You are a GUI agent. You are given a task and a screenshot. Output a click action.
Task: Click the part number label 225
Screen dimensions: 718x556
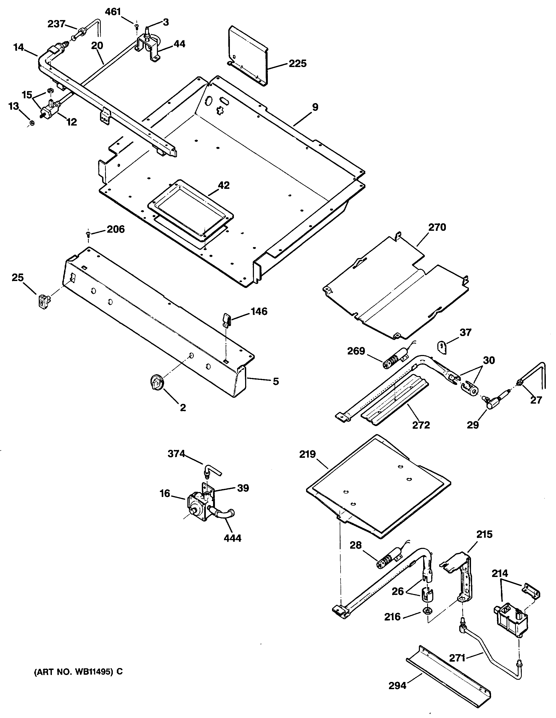pyautogui.click(x=298, y=64)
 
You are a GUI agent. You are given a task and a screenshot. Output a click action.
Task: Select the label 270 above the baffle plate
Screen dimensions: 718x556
pyautogui.click(x=437, y=227)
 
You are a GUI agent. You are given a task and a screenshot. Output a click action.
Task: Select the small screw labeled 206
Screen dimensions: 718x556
pyautogui.click(x=88, y=234)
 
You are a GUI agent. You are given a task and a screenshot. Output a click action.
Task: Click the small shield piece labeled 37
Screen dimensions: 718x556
pyautogui.click(x=442, y=348)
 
